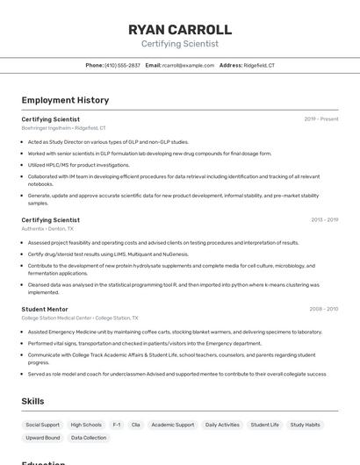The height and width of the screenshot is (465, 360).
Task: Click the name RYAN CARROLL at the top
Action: [x=180, y=30]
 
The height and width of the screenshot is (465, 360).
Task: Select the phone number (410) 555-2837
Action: [x=122, y=65]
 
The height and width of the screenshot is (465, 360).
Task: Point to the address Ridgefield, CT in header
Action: [x=259, y=65]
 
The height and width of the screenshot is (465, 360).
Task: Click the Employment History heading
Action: [x=65, y=100]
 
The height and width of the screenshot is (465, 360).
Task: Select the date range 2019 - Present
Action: [x=321, y=118]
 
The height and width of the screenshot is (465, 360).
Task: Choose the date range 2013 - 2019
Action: [x=324, y=220]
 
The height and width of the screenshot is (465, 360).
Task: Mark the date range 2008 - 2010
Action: [x=323, y=309]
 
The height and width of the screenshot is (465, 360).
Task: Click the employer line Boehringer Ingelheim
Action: [x=63, y=128]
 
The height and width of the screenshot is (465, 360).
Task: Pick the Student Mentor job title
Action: [x=45, y=309]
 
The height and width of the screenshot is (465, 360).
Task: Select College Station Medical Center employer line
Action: [x=79, y=318]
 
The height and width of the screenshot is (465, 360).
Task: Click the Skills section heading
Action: [x=33, y=401]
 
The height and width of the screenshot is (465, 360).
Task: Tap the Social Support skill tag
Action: [x=43, y=425]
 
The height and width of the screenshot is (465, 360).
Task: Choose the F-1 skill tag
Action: [x=118, y=425]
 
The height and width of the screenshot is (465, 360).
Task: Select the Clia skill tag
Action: [x=135, y=425]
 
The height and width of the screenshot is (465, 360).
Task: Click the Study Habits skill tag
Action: [x=306, y=425]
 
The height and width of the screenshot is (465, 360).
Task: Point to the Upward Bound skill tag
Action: [x=43, y=438]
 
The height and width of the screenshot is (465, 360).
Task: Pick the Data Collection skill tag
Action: [x=89, y=438]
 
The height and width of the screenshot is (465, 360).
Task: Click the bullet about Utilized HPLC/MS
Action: [x=78, y=165]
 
